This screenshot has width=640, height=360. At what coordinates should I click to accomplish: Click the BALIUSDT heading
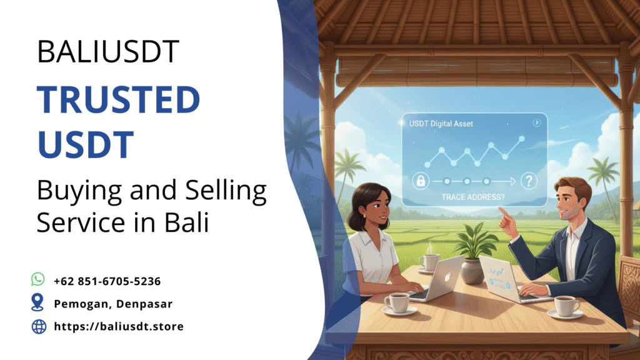(108, 52)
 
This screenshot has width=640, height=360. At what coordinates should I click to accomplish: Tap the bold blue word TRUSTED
(119, 100)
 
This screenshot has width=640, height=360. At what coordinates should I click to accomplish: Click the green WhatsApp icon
(38, 279)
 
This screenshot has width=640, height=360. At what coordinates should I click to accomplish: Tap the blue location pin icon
(38, 303)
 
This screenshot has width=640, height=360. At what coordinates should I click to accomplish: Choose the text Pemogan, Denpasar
(113, 304)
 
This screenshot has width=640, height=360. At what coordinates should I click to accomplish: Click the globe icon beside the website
(39, 326)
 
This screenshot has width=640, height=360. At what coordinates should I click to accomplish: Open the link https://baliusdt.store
(119, 326)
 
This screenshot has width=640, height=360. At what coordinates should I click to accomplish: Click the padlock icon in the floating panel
(421, 182)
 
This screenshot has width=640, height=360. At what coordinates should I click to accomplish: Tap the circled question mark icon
(529, 182)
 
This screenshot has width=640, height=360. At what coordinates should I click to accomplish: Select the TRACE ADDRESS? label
(473, 197)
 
